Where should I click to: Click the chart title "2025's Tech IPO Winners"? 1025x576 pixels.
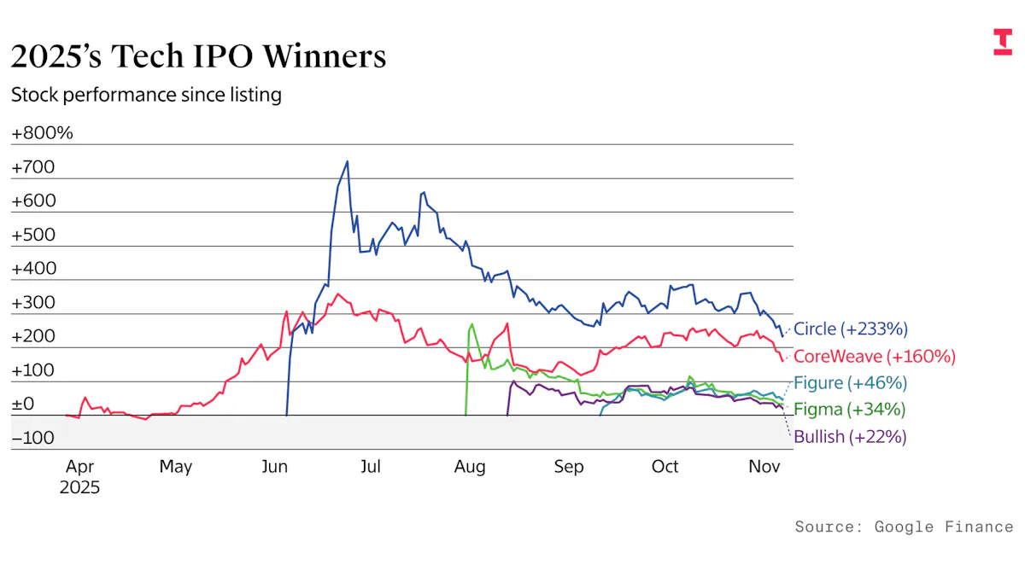click(x=198, y=56)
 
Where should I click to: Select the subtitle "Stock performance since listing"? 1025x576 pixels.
click(x=146, y=95)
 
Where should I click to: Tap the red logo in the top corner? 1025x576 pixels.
click(x=1002, y=42)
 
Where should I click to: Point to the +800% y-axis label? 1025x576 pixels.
click(x=42, y=133)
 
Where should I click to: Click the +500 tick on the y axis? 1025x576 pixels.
click(x=32, y=235)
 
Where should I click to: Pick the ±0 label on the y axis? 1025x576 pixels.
click(x=22, y=404)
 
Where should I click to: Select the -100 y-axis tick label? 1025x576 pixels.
click(x=32, y=438)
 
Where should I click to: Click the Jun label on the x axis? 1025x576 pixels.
click(x=274, y=467)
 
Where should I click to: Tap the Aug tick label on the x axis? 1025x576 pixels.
click(x=470, y=467)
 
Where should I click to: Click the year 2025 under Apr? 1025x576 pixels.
click(x=79, y=488)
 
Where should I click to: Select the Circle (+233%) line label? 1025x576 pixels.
click(x=850, y=329)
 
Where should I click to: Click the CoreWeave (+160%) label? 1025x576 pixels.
click(x=875, y=356)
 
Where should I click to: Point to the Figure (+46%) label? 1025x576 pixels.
click(x=850, y=382)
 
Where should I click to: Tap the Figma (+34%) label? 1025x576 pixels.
click(x=849, y=410)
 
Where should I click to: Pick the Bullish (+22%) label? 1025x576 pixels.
click(x=850, y=437)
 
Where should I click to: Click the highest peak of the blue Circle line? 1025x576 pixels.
click(x=347, y=161)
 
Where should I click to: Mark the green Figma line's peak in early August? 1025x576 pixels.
click(x=472, y=324)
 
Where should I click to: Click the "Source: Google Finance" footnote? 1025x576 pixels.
click(x=904, y=527)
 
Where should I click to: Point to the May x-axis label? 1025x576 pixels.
click(x=175, y=467)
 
